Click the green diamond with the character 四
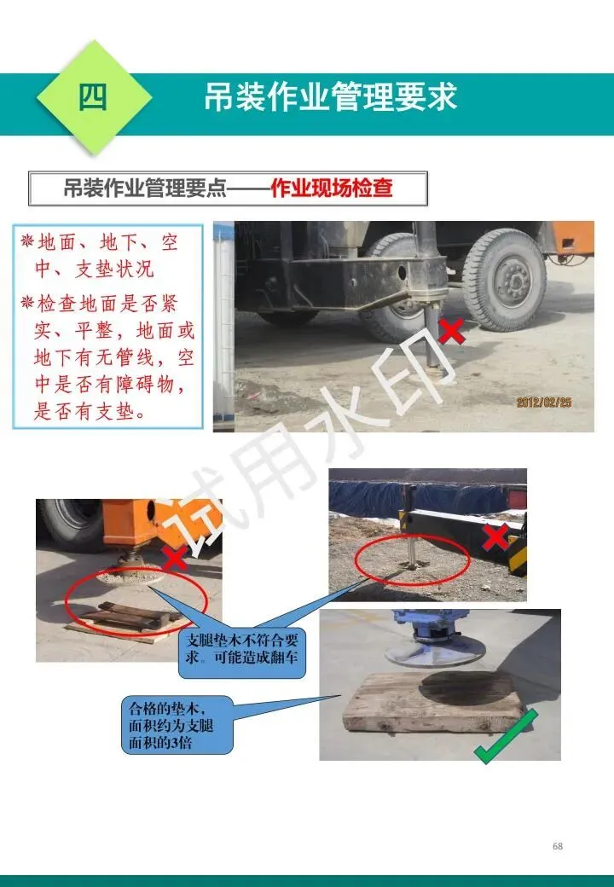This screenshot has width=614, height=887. click(94, 97)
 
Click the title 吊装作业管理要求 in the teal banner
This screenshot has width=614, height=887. click(330, 96)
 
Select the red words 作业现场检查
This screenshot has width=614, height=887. click(332, 188)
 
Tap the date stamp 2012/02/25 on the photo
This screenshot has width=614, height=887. click(544, 403)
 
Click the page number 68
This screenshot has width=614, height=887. click(558, 846)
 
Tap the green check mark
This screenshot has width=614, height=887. click(506, 735)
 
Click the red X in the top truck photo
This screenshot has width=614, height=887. click(451, 332)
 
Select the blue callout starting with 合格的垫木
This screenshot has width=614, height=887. click(177, 725)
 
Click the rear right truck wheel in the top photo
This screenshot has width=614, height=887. click(504, 279)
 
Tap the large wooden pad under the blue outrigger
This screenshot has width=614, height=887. click(433, 703)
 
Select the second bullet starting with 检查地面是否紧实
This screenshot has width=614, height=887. click(108, 357)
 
